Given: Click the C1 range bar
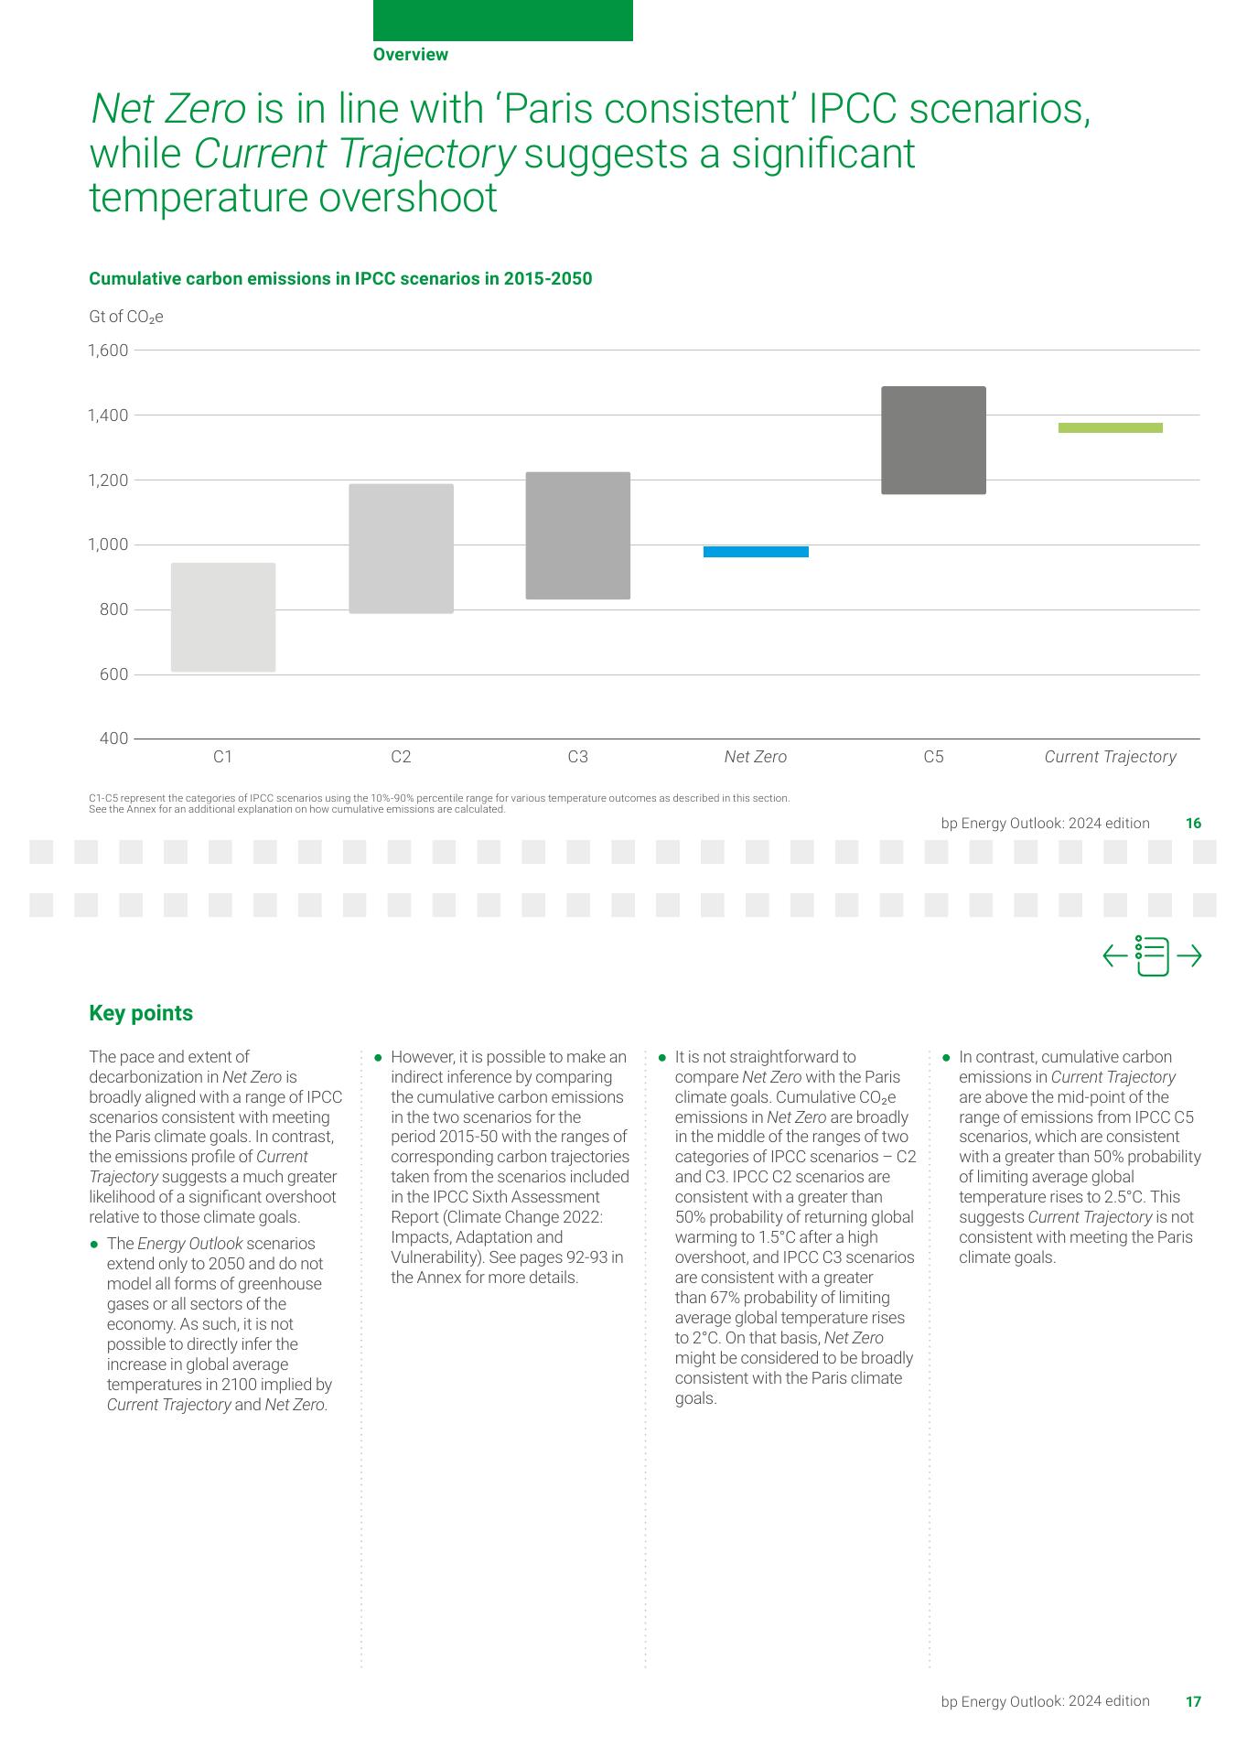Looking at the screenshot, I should tap(223, 618).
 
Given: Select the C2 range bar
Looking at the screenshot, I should tap(401, 548).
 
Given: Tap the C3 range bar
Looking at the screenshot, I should tap(578, 535).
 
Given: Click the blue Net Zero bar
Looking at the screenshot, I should tap(756, 551).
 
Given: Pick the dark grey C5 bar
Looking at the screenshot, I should tap(933, 440).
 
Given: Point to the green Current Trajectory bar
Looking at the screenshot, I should tap(1110, 427).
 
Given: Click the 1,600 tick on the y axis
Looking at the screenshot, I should tap(108, 351).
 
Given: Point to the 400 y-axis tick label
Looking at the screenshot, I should tap(114, 739).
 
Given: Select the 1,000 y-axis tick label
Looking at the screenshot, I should tap(108, 545).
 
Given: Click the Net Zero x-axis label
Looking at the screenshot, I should tap(756, 757).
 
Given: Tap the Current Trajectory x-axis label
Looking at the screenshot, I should tap(1110, 757).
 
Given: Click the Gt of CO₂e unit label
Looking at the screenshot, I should tap(126, 317).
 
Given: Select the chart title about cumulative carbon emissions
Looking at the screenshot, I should tap(340, 278).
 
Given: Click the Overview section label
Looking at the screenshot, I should tap(411, 55).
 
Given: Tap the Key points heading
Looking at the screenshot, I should tap(141, 1013).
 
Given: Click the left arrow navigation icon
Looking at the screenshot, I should tap(1114, 956).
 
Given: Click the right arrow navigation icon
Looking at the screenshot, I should tap(1189, 956).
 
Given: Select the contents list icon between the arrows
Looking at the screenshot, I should tap(1152, 956).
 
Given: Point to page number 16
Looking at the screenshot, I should tap(1193, 824).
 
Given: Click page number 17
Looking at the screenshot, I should tap(1193, 1701).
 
